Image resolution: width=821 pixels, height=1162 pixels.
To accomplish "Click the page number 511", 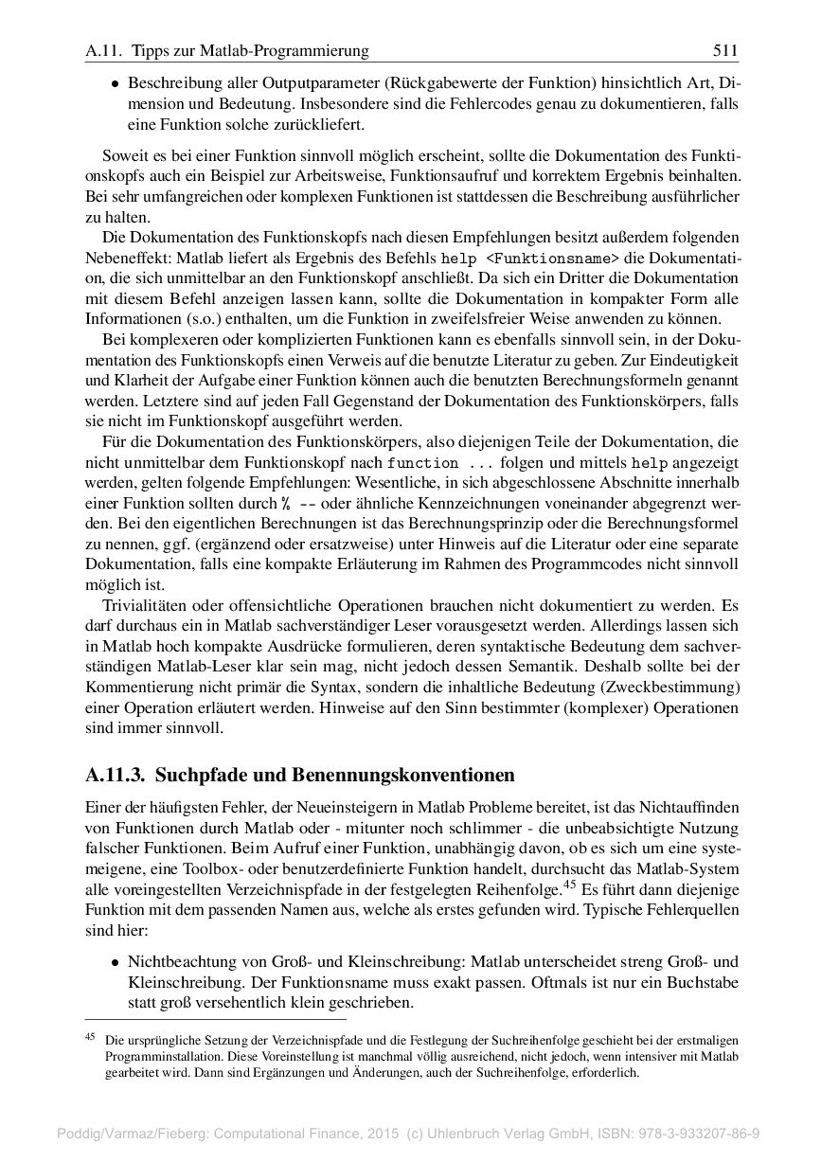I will [x=724, y=49].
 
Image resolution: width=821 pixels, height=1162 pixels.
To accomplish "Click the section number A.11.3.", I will [x=115, y=776].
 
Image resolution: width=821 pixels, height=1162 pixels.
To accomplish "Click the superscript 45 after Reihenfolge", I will [x=569, y=885].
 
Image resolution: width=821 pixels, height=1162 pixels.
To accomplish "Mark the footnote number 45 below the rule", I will [x=91, y=1037].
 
